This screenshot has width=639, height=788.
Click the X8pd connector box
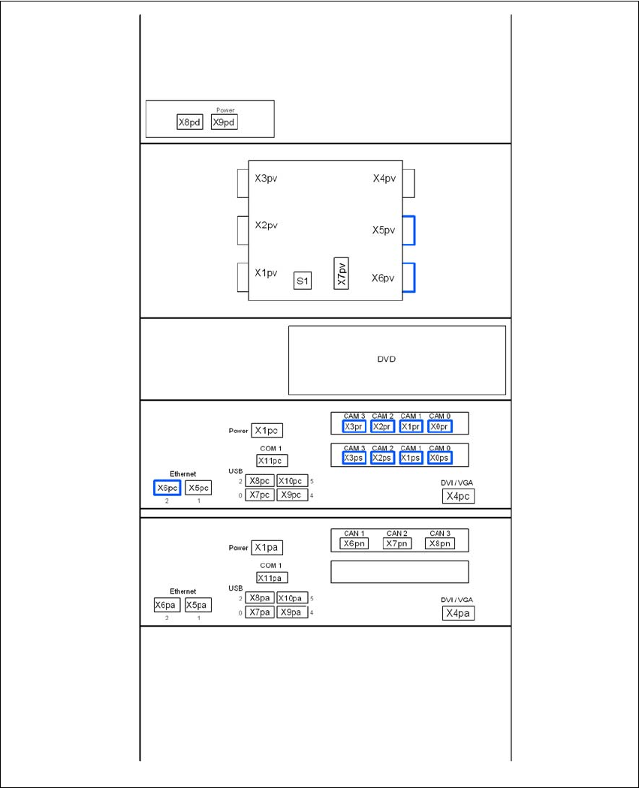point(190,122)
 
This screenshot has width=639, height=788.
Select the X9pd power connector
point(224,122)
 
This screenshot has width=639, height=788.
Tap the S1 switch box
point(303,281)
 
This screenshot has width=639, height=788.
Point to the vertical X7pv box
point(341,274)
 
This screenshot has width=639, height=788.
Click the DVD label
point(386,359)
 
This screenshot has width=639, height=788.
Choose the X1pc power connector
point(267,431)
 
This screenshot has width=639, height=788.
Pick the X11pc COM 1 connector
point(272,461)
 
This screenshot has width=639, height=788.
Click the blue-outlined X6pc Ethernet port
point(167,488)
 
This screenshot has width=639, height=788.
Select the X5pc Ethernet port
point(198,488)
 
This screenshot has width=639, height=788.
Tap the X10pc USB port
point(292,481)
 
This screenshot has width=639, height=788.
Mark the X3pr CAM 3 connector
point(354,426)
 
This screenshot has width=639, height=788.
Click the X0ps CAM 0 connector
point(439,458)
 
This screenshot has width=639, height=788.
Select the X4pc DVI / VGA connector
point(458,496)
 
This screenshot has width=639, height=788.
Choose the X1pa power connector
point(267,548)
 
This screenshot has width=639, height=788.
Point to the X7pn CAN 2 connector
point(397,543)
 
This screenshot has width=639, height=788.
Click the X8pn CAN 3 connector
point(439,543)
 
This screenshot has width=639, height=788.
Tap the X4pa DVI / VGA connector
point(458,613)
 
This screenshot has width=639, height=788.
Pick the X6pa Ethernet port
point(167,605)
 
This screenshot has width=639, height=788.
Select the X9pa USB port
point(292,612)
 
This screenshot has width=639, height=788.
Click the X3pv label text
point(267,179)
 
